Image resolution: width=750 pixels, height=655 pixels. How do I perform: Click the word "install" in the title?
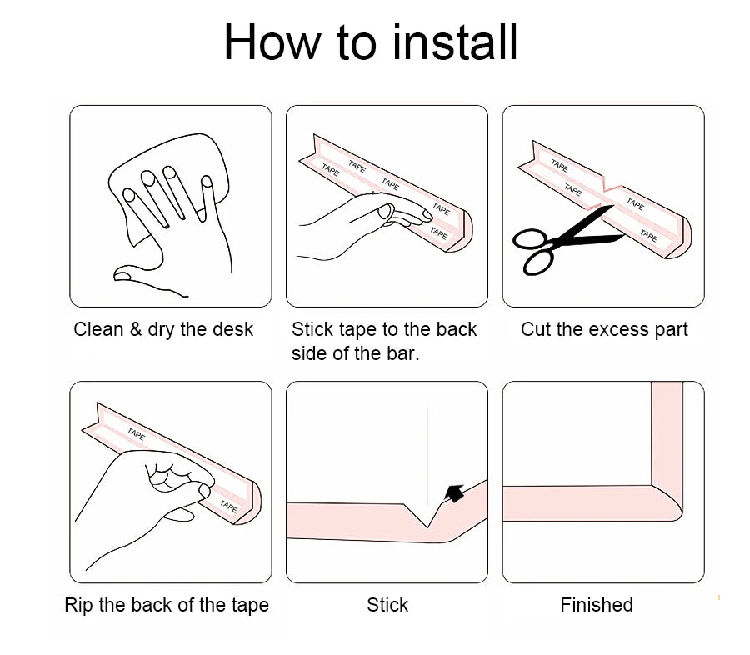pyautogui.click(x=455, y=42)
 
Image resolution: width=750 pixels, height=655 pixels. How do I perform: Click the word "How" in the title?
pyautogui.click(x=272, y=42)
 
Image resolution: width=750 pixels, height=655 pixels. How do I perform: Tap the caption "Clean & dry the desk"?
pyautogui.click(x=163, y=329)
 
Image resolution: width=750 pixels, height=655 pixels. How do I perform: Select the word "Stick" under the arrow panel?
pyautogui.click(x=387, y=605)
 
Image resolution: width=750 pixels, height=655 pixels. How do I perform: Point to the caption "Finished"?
pyautogui.click(x=597, y=605)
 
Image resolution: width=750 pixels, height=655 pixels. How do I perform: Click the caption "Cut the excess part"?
pyautogui.click(x=604, y=329)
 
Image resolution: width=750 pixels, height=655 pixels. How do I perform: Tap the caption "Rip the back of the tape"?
pyautogui.click(x=167, y=605)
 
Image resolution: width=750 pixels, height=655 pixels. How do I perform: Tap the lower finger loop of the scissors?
pyautogui.click(x=538, y=262)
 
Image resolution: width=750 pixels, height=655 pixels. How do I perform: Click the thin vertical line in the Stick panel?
pyautogui.click(x=427, y=457)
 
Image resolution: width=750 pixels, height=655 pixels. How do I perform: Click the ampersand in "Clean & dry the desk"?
pyautogui.click(x=135, y=329)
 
